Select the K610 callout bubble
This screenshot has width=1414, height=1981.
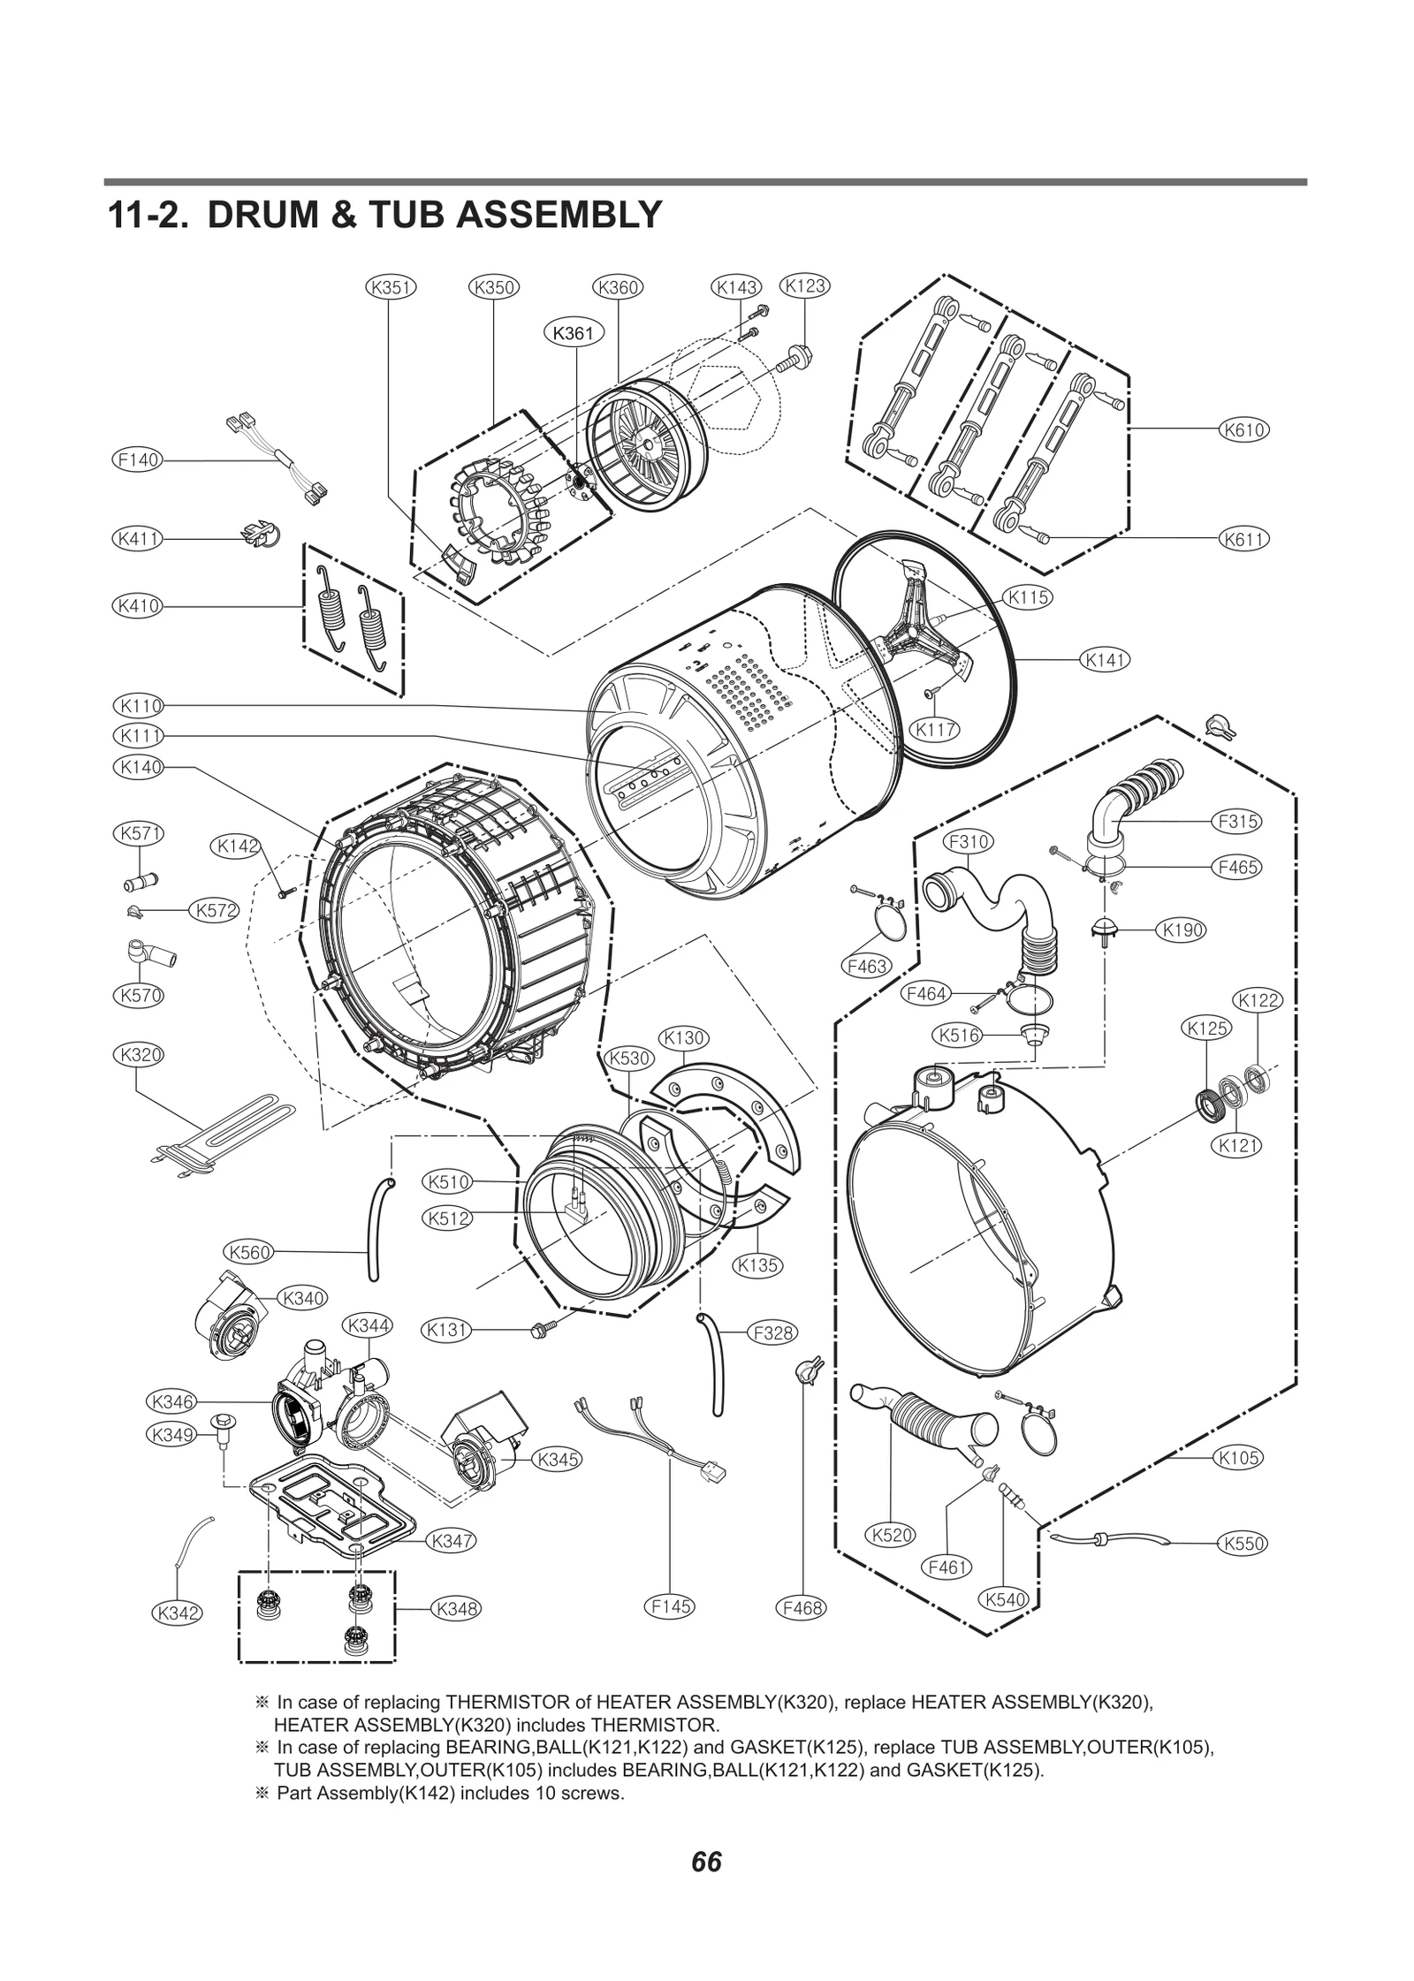[1244, 430]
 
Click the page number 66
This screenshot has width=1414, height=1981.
[706, 1862]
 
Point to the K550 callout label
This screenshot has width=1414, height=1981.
[1243, 1544]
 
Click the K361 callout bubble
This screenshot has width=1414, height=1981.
[573, 333]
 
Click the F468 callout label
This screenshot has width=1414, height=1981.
[802, 1607]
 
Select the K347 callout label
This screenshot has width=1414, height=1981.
[452, 1540]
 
